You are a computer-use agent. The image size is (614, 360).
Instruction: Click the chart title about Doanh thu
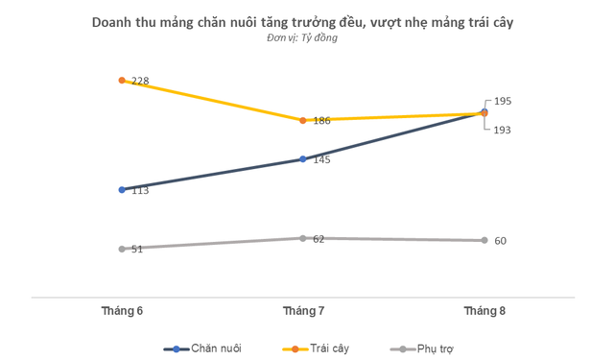(x=302, y=21)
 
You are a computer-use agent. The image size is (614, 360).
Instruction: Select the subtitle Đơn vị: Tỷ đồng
(x=302, y=38)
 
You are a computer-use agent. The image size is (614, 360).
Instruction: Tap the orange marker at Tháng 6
(x=122, y=81)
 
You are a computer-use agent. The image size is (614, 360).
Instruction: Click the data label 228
(x=139, y=81)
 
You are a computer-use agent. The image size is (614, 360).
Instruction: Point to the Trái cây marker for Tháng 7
(x=303, y=120)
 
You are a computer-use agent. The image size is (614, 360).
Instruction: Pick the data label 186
(x=321, y=121)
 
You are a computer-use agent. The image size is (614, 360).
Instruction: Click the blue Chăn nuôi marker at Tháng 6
(x=122, y=189)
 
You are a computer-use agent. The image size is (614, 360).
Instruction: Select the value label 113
(x=139, y=190)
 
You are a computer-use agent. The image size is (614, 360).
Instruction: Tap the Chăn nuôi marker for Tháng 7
(x=303, y=158)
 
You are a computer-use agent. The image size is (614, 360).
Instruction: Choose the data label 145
(x=321, y=159)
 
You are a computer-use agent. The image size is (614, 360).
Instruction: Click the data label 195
(x=503, y=101)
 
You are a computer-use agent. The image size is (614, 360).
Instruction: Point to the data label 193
(x=503, y=130)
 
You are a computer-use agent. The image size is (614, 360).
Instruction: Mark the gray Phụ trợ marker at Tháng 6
(x=122, y=249)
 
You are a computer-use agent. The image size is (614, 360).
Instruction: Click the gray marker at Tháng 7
(x=303, y=238)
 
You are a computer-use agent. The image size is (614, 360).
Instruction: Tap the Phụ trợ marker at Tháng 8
(x=484, y=240)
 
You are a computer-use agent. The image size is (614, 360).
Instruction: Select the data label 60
(x=501, y=241)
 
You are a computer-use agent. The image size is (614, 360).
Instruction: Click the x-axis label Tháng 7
(x=303, y=310)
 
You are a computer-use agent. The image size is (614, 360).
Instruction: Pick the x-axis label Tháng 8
(x=484, y=310)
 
